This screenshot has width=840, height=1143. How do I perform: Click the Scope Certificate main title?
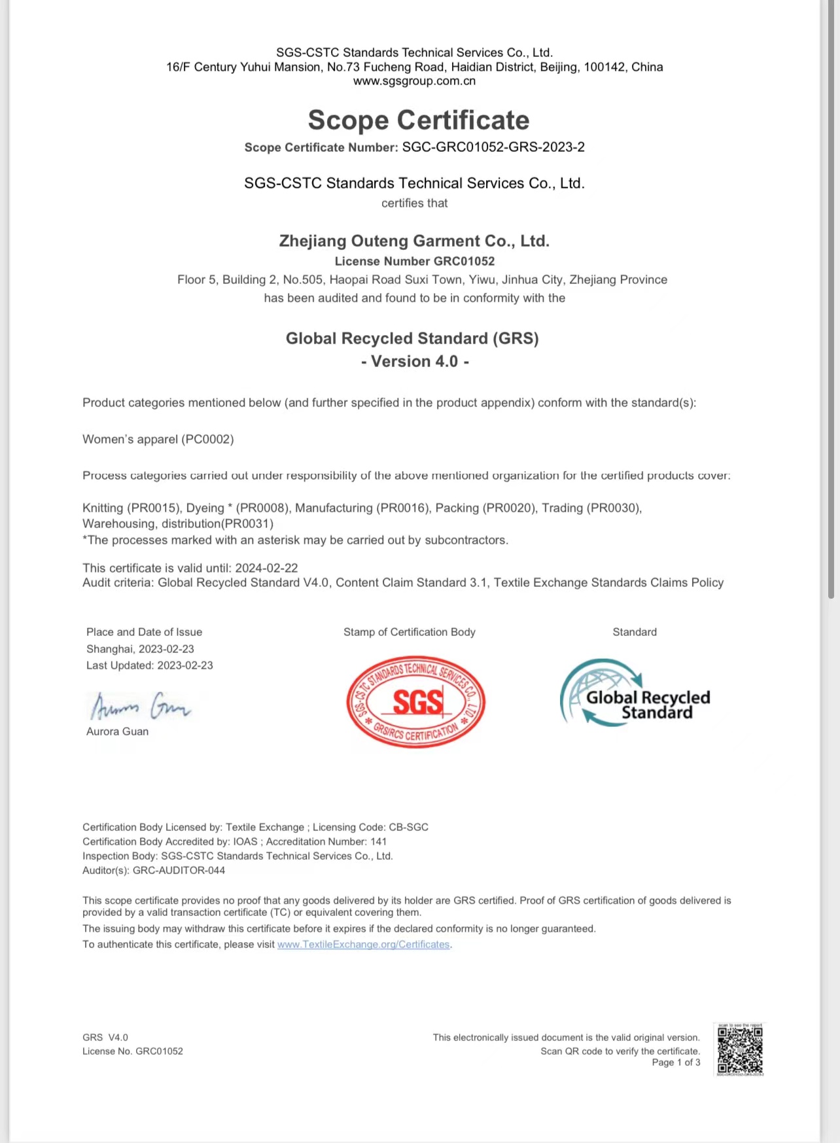click(x=419, y=120)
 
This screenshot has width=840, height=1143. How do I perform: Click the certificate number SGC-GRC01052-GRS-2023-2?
click(x=493, y=147)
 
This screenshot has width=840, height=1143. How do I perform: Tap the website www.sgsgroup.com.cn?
click(x=414, y=81)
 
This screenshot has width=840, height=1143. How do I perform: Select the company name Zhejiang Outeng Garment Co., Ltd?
click(x=414, y=241)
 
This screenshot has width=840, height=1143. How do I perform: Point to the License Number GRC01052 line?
click(x=414, y=261)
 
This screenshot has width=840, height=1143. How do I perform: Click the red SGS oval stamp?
click(x=416, y=702)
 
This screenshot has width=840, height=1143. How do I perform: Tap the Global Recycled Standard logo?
click(x=635, y=694)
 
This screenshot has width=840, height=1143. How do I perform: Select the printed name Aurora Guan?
click(x=118, y=731)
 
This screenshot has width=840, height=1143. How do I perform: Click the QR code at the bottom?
click(x=740, y=1049)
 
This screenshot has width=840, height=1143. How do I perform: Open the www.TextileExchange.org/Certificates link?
click(x=364, y=944)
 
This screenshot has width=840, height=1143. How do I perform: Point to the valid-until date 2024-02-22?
click(x=266, y=568)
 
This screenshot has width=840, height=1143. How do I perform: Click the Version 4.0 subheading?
click(x=415, y=361)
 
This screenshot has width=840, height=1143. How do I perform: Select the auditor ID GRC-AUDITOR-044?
click(x=179, y=870)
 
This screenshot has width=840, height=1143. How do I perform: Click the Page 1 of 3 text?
click(x=676, y=1062)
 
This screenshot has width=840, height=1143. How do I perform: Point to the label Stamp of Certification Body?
click(x=410, y=632)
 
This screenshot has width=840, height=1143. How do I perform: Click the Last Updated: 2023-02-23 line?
click(x=150, y=665)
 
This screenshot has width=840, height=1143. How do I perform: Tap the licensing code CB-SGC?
click(x=408, y=827)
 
